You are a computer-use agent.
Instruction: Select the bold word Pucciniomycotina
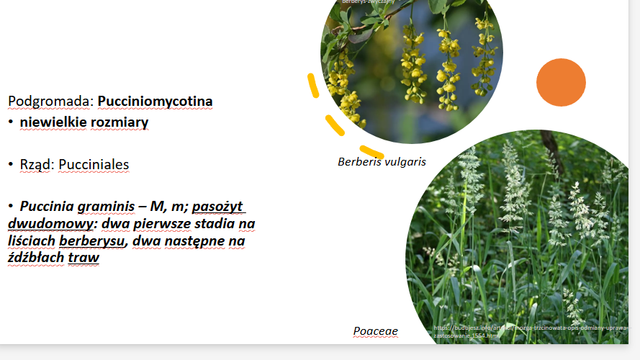click(x=155, y=102)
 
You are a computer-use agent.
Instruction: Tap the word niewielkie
click(x=53, y=122)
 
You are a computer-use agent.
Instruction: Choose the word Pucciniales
click(x=94, y=165)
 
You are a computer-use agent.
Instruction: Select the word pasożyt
click(x=219, y=207)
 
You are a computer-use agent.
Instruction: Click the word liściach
click(x=32, y=240)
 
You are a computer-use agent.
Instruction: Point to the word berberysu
click(x=91, y=240)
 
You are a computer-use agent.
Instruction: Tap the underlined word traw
click(x=84, y=257)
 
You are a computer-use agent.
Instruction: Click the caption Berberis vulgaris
click(x=382, y=162)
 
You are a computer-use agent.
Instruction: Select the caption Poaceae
click(x=375, y=331)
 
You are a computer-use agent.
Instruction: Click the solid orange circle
click(x=561, y=82)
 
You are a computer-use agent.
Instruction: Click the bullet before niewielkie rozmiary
click(x=12, y=122)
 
